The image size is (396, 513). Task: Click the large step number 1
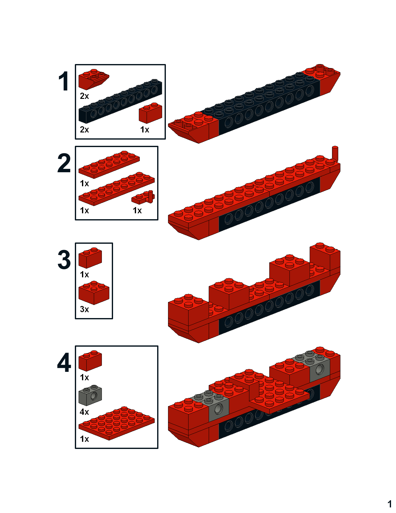tap(64, 81)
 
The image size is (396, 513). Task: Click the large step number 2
tap(64, 163)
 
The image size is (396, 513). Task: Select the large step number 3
tap(64, 260)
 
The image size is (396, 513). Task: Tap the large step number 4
tap(64, 363)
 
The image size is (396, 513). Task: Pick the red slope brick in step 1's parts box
tap(93, 79)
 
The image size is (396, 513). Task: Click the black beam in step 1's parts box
tap(120, 101)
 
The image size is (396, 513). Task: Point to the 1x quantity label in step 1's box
tap(145, 130)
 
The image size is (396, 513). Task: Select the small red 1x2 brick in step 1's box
tap(150, 113)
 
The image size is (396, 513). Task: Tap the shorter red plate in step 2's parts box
tap(109, 164)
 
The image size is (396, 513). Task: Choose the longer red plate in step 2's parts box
tap(116, 189)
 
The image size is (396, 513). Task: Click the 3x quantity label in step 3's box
tap(84, 309)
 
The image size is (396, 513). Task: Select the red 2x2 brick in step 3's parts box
tap(94, 293)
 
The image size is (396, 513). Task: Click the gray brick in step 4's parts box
tap(90, 395)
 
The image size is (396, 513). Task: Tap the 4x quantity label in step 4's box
tap(84, 412)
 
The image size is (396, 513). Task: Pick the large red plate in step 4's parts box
tap(116, 423)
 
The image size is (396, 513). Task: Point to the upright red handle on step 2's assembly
tap(335, 154)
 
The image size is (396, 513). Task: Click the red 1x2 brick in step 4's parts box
tap(90, 361)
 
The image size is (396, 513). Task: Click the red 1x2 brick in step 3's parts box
tap(90, 258)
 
